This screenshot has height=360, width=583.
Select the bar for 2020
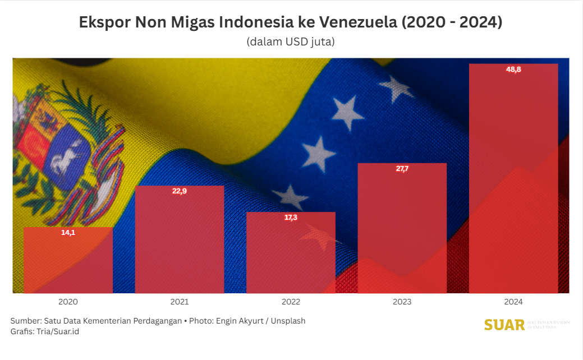tap(68, 260)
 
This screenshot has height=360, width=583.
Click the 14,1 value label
tap(68, 232)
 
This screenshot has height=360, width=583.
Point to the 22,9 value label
tap(180, 191)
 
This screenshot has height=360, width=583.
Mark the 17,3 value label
tap(291, 218)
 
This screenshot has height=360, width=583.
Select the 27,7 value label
tap(402, 169)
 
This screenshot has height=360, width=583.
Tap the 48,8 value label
tap(513, 70)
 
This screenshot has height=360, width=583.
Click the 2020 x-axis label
tap(68, 302)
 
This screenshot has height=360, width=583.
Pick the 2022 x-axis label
tap(291, 302)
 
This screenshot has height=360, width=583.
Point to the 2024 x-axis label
tap(513, 302)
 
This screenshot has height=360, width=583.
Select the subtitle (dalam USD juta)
tap(291, 42)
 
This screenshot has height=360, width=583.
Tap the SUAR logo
tap(504, 325)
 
